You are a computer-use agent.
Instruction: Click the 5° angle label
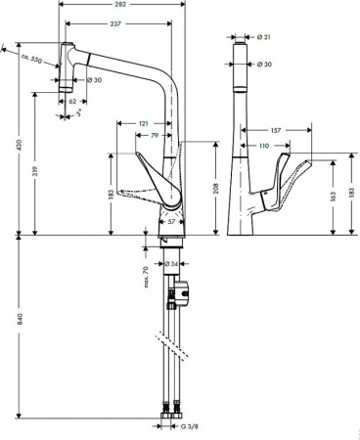(79, 114)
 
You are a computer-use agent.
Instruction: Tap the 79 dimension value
(156, 134)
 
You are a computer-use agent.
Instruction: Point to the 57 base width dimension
(173, 222)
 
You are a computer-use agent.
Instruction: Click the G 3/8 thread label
(191, 426)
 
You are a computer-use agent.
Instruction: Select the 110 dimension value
(263, 146)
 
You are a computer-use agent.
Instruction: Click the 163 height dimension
(335, 197)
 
